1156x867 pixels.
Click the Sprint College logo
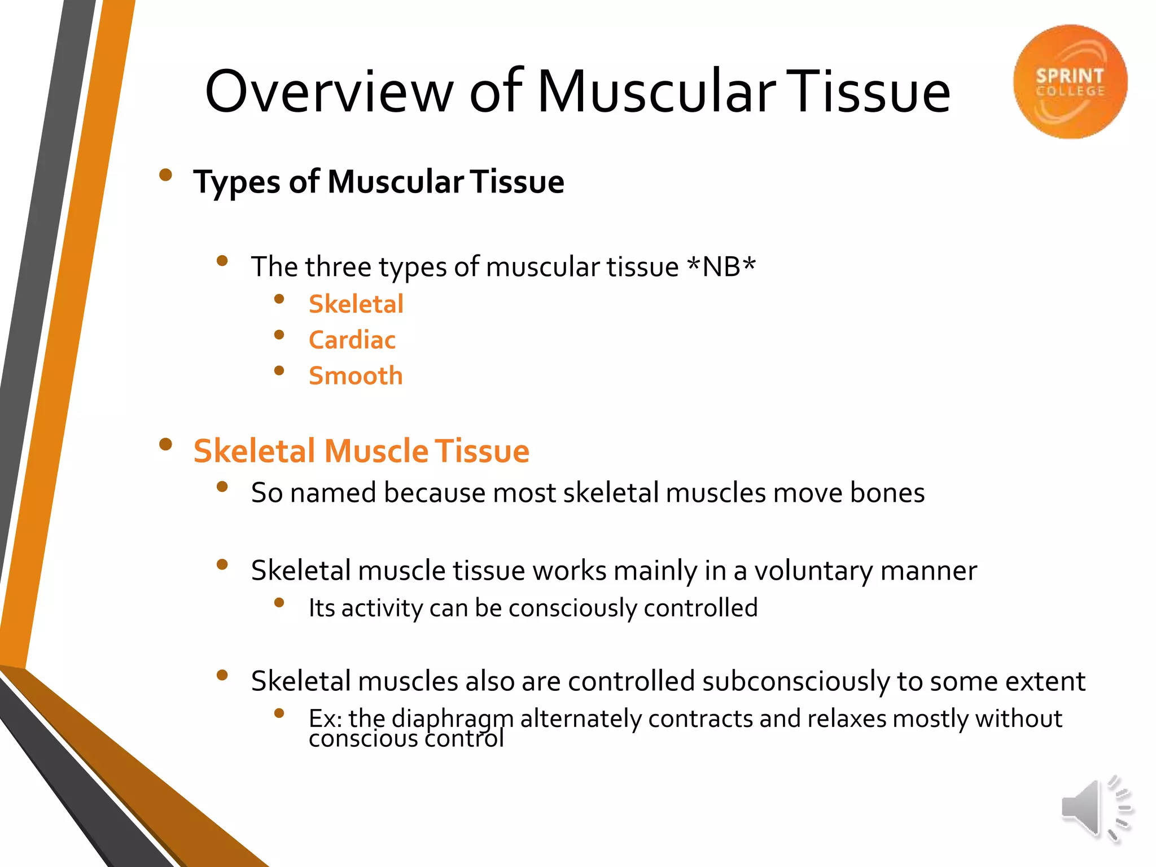click(1070, 82)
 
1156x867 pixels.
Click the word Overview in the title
click(329, 92)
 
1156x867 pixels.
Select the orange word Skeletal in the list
click(356, 304)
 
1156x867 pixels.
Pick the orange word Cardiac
click(352, 340)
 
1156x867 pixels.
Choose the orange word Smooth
click(356, 376)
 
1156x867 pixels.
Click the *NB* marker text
click(721, 266)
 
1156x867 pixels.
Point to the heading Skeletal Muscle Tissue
click(361, 451)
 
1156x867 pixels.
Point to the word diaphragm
click(452, 719)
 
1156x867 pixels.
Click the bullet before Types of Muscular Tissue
click(165, 175)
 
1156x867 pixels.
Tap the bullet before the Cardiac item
click(279, 335)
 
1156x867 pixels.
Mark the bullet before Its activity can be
click(279, 603)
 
